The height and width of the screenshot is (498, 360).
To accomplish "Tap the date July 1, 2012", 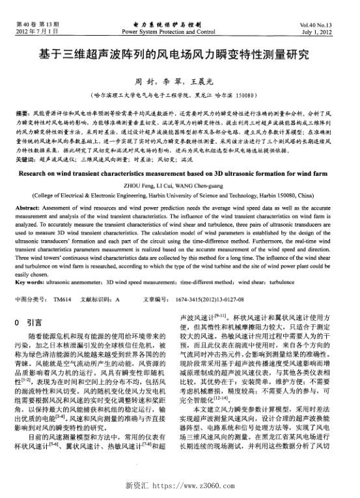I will [331, 31].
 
